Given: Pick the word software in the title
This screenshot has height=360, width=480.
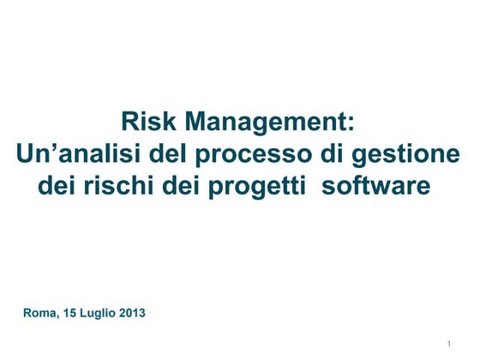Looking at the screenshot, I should tap(374, 184).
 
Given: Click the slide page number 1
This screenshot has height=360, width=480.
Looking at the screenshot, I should tap(449, 344).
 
